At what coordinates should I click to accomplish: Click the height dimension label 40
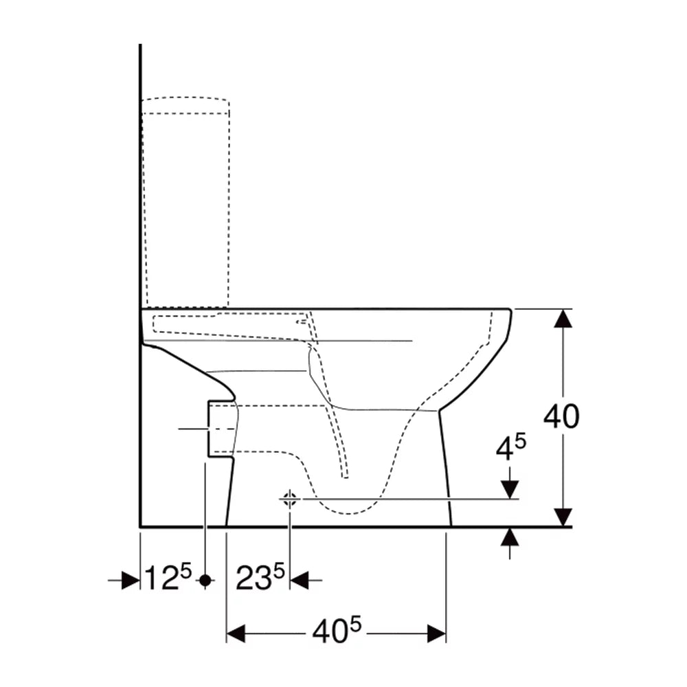[561, 416]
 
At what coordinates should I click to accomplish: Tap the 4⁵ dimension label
[511, 448]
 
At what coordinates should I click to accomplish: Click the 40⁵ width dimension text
[337, 630]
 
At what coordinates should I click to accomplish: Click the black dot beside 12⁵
[205, 581]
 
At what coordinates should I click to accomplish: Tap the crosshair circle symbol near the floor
[289, 499]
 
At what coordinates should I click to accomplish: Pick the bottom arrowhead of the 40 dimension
[563, 517]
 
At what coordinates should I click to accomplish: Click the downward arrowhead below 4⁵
[510, 490]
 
